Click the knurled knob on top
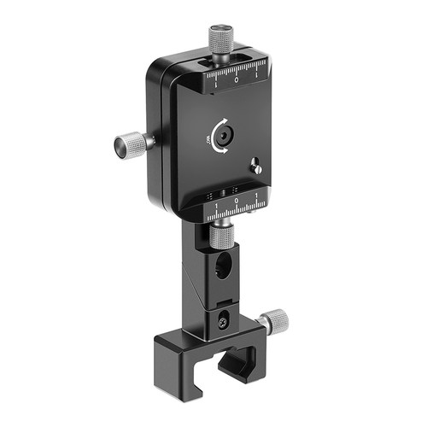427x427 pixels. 221,39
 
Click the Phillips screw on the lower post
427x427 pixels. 225,323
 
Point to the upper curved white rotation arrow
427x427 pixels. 225,122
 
